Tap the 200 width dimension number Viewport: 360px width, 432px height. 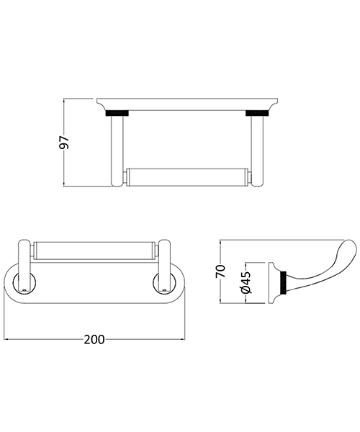click(93, 338)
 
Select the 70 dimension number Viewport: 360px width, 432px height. click(222, 270)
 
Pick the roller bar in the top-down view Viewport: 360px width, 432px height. click(94, 251)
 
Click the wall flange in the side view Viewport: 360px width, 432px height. click(276, 282)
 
